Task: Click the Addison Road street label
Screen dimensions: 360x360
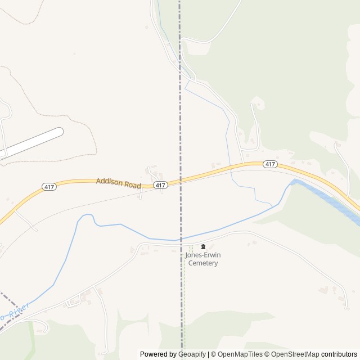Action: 118,182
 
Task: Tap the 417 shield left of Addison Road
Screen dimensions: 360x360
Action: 49,187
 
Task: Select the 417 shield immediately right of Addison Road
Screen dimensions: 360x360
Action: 160,185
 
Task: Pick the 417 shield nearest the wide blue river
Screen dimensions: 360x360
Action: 270,164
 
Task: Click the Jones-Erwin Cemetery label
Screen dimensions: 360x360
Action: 203,259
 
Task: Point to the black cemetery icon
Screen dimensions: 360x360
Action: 203,246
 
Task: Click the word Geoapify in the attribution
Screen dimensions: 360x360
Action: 192,354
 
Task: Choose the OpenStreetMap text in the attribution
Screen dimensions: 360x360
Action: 294,354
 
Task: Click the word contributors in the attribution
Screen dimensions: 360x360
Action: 339,354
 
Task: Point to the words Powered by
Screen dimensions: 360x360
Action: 158,354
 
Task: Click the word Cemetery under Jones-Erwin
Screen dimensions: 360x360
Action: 203,263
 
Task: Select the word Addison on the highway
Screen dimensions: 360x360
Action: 109,181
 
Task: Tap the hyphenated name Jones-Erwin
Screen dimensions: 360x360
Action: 203,255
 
